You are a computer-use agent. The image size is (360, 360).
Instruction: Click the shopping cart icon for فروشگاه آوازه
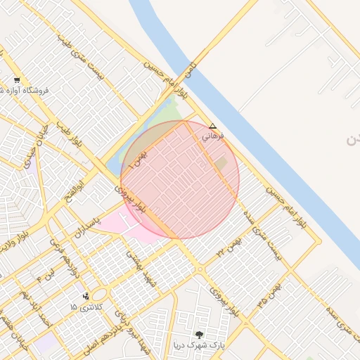pyautogui.click(x=16, y=79)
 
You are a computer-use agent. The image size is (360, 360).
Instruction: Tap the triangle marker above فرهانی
pyautogui.click(x=214, y=127)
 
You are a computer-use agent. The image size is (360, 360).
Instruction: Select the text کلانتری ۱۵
pyautogui.click(x=86, y=307)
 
